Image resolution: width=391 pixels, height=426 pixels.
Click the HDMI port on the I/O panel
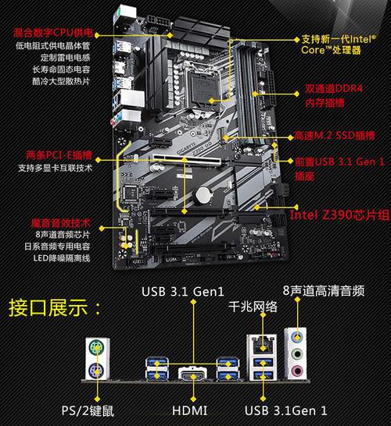(191, 375)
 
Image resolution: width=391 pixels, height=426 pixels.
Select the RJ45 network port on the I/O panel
(260, 343)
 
